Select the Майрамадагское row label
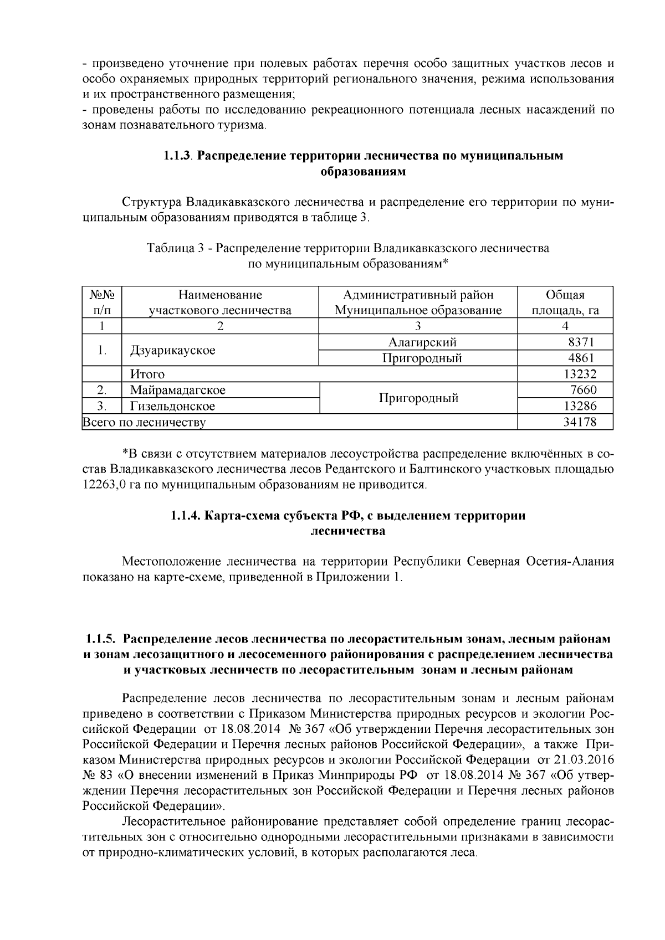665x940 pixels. coord(178,390)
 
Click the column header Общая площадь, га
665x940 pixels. coord(565,302)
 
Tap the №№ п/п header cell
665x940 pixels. coord(101,302)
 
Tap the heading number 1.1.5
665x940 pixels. coord(100,639)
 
